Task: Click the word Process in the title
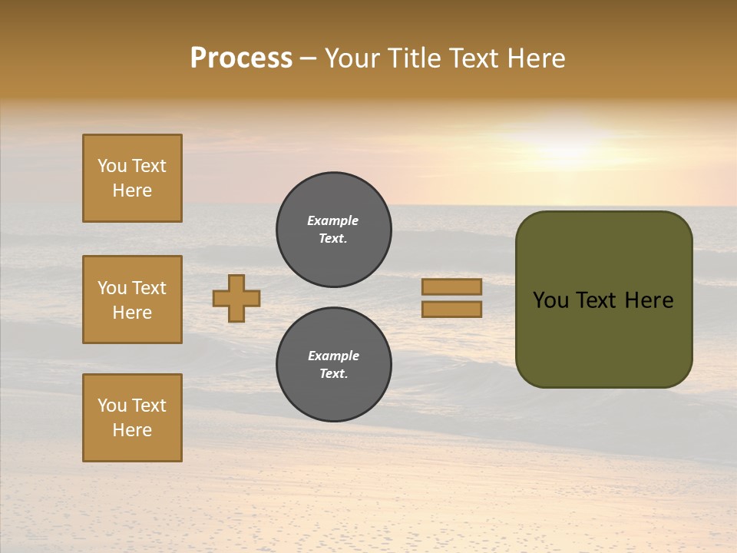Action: tap(241, 58)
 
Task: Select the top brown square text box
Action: tap(132, 178)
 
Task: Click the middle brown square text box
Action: tap(132, 300)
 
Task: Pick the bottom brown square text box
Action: tap(132, 418)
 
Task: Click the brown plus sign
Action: tap(236, 298)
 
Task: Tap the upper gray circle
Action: tap(333, 230)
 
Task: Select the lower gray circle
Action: tap(333, 365)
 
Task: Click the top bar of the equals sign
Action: tap(451, 287)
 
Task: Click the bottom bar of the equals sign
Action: tap(451, 310)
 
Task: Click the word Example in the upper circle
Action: tap(332, 221)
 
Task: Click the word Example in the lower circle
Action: tap(333, 356)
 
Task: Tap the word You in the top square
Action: tap(111, 166)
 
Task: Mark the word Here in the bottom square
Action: tap(132, 430)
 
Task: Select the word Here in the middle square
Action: tap(132, 313)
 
